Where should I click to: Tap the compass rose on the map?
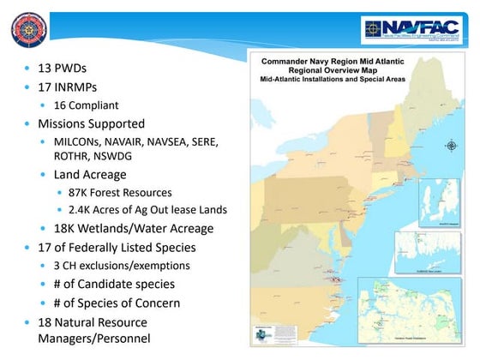click(452, 145)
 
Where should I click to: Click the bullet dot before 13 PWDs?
click(28, 68)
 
